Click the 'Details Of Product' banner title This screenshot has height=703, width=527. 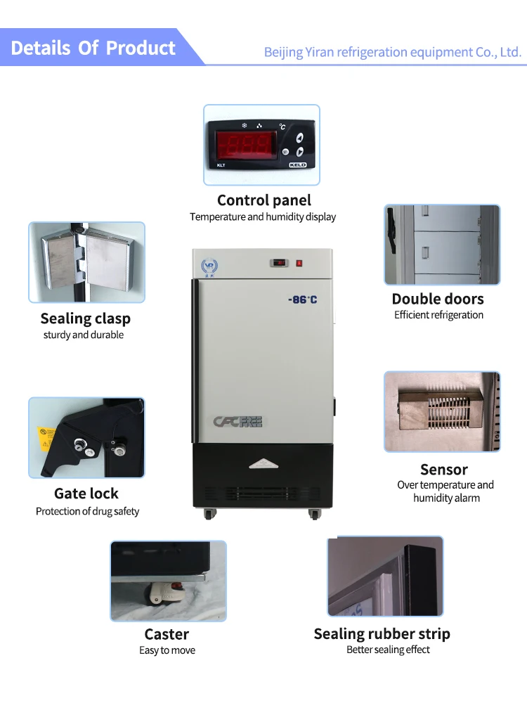coord(93,48)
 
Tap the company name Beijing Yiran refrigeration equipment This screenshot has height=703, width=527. coord(392,52)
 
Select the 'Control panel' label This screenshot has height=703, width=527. coord(263,200)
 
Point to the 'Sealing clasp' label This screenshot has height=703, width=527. coord(85,318)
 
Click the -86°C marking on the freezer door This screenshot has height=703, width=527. coord(303,299)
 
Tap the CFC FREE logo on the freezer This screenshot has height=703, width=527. coord(238,422)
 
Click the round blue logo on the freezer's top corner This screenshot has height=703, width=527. coord(209,265)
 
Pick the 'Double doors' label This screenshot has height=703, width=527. coord(438,299)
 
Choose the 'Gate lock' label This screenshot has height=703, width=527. coord(86,494)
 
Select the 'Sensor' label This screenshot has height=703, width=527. coord(443,470)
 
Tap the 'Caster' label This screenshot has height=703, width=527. coord(167,634)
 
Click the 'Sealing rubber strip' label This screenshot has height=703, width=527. coord(382,634)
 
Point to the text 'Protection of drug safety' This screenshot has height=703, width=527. coord(87,511)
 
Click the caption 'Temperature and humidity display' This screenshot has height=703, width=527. coord(263,217)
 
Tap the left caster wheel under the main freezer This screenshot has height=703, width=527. coord(209,514)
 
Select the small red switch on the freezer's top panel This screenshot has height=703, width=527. coord(299,263)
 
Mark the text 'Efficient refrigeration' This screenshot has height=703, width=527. coord(438,315)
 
